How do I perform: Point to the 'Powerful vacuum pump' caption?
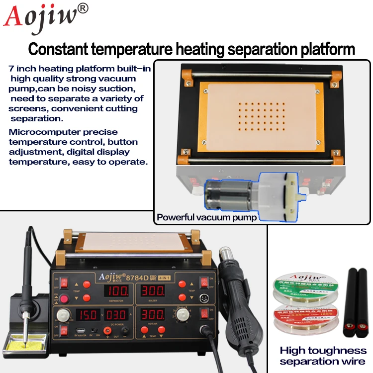[x=206, y=217]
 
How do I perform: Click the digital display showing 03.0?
[x=115, y=315]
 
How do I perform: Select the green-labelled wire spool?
[x=298, y=291]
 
